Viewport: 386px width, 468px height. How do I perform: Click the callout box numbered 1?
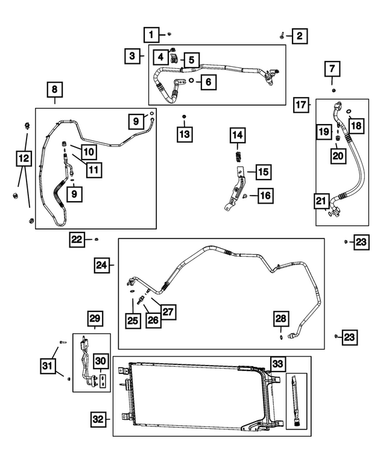coord(151,34)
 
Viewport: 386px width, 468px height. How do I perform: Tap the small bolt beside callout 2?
coord(282,36)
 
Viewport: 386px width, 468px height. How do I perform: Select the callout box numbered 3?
coord(131,57)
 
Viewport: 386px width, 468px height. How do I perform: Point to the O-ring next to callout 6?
coord(191,80)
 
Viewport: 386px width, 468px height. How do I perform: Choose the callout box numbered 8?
coord(54,91)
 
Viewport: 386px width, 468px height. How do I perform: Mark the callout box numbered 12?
coord(23,158)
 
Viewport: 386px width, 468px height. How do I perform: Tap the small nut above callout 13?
coord(185,115)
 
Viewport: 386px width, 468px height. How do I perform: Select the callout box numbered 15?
coord(262,173)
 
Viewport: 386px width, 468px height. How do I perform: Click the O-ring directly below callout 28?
coord(281,337)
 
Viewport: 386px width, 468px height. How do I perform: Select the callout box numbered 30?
coord(101,361)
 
